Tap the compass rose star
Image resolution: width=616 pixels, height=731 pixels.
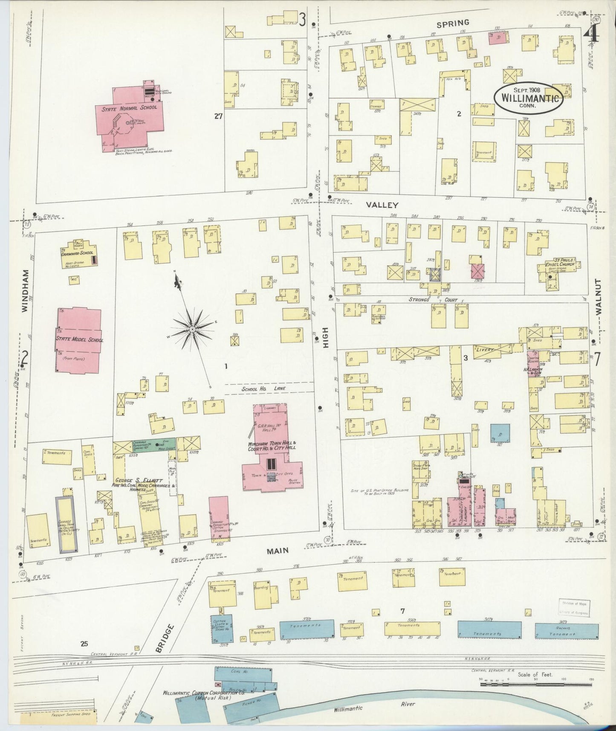tap(193, 329)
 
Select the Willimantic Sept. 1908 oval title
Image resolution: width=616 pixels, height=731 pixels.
tap(529, 98)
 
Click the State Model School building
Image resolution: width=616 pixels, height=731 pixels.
tap(79, 340)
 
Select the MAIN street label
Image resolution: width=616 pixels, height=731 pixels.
tap(278, 551)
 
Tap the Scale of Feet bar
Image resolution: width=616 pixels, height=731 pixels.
tap(535, 684)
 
